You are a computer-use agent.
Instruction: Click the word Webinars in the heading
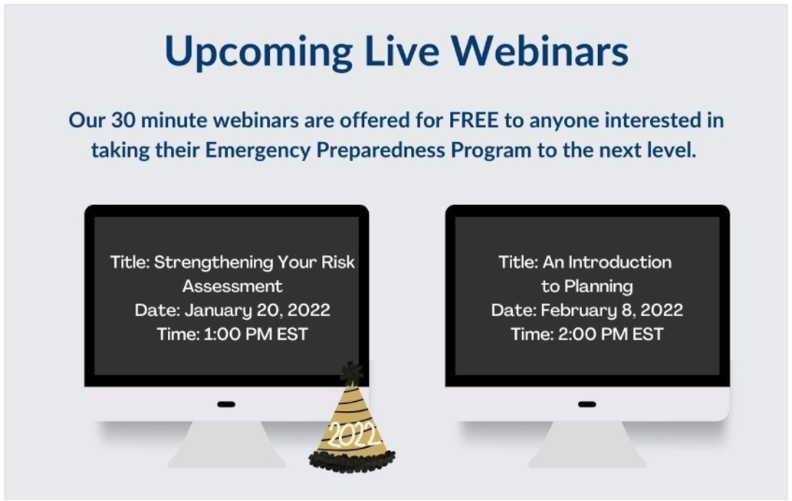(540, 51)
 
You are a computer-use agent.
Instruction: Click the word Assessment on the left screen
(233, 286)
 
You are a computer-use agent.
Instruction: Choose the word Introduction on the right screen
(620, 262)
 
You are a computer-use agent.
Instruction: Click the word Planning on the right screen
(599, 287)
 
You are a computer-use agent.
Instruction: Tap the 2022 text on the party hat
(352, 434)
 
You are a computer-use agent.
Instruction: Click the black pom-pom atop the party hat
(351, 373)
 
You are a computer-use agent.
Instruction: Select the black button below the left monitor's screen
(226, 404)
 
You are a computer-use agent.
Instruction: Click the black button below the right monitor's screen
(587, 404)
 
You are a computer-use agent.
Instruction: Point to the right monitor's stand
(587, 444)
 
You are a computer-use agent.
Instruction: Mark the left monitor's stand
(226, 444)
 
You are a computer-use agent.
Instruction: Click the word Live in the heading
(402, 51)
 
